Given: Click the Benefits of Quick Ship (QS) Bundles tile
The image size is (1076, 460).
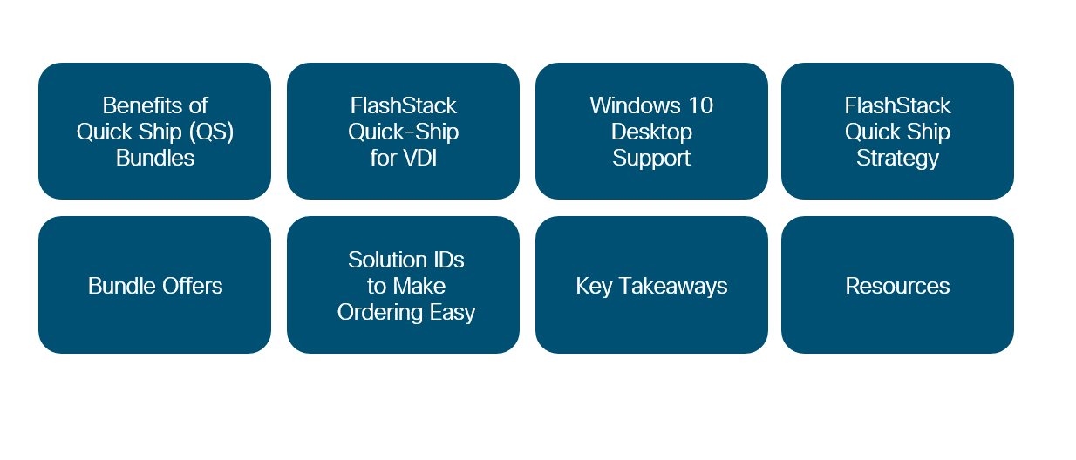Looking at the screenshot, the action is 154,131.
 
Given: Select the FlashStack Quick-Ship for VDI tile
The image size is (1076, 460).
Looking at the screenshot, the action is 403,131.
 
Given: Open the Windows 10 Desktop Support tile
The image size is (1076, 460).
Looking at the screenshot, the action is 651,131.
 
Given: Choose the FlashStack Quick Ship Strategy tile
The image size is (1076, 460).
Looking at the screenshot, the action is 897,131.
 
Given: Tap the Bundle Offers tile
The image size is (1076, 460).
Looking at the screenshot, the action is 154,285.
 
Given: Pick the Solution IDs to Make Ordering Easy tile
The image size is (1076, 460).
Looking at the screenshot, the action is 403,285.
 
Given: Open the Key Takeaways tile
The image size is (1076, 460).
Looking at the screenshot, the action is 651,285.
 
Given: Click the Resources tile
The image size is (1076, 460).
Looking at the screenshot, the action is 897,285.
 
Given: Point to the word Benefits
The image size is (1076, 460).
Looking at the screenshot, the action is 142,105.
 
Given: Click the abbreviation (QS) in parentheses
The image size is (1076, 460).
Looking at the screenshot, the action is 211,132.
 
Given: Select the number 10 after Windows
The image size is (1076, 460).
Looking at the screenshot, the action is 701,105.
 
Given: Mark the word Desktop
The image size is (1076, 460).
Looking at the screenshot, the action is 651,132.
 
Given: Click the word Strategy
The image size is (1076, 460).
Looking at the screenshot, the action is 897,159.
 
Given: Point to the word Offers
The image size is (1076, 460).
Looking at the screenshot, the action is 192,286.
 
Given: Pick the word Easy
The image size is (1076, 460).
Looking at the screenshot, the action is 452,313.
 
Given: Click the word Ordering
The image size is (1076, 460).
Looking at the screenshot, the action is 380,313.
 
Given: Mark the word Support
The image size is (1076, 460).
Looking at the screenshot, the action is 651,159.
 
